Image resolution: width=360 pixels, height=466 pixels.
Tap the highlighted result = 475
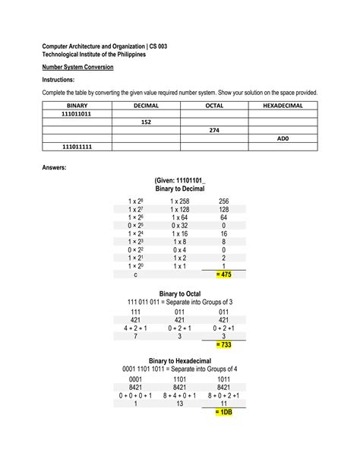point(223,274)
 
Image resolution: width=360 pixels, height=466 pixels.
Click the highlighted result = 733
point(223,344)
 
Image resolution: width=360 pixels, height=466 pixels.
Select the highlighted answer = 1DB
point(223,412)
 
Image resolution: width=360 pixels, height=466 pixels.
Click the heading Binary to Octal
point(180,293)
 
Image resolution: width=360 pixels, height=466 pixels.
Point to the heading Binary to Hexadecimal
point(180,360)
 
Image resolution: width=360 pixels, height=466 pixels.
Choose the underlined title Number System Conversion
point(77,67)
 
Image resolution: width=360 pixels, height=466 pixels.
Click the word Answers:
point(55,166)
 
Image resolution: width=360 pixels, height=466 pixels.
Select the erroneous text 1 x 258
point(180,201)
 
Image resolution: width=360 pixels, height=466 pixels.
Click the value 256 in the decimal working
point(223,201)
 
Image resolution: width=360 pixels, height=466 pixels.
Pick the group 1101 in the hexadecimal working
point(180,378)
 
